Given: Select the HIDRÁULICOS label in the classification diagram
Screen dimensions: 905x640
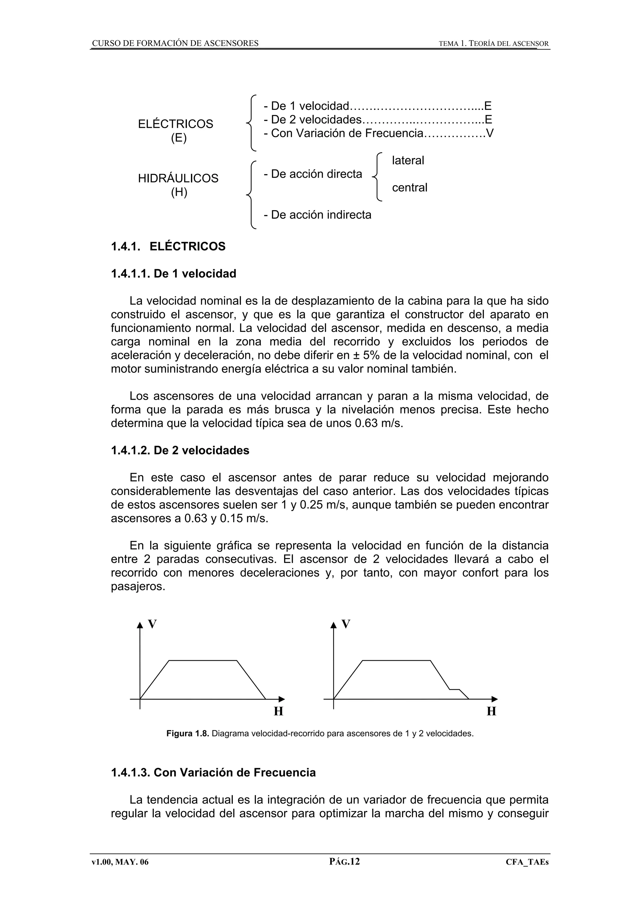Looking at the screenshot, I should [x=178, y=178].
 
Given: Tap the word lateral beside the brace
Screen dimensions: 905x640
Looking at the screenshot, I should [x=408, y=161].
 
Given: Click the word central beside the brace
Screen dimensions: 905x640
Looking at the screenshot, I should [x=409, y=188].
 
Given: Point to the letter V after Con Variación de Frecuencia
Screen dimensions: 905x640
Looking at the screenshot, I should [x=490, y=133].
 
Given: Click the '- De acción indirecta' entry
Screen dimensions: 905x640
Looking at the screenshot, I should [x=317, y=215].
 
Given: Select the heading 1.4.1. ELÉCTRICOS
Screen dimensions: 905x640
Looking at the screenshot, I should [x=168, y=246].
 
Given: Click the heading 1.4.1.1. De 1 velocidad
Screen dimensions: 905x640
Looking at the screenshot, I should [x=173, y=274].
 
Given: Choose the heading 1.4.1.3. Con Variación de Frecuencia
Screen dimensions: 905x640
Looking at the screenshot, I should [x=213, y=772].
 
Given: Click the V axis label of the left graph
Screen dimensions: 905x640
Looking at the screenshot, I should [x=152, y=624].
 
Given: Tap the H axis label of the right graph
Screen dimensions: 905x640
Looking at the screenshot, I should [x=491, y=711].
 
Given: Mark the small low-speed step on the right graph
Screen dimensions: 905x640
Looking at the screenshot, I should [x=455, y=690].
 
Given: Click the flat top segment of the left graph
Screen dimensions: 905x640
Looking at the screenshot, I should [x=203, y=660].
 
